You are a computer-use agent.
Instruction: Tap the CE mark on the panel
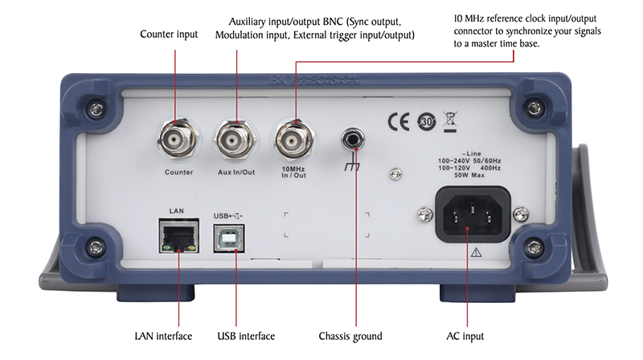click(x=399, y=121)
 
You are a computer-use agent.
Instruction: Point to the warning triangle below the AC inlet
click(x=477, y=252)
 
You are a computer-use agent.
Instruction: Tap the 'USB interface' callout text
click(x=246, y=336)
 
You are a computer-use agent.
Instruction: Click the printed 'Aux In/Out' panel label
click(x=236, y=172)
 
